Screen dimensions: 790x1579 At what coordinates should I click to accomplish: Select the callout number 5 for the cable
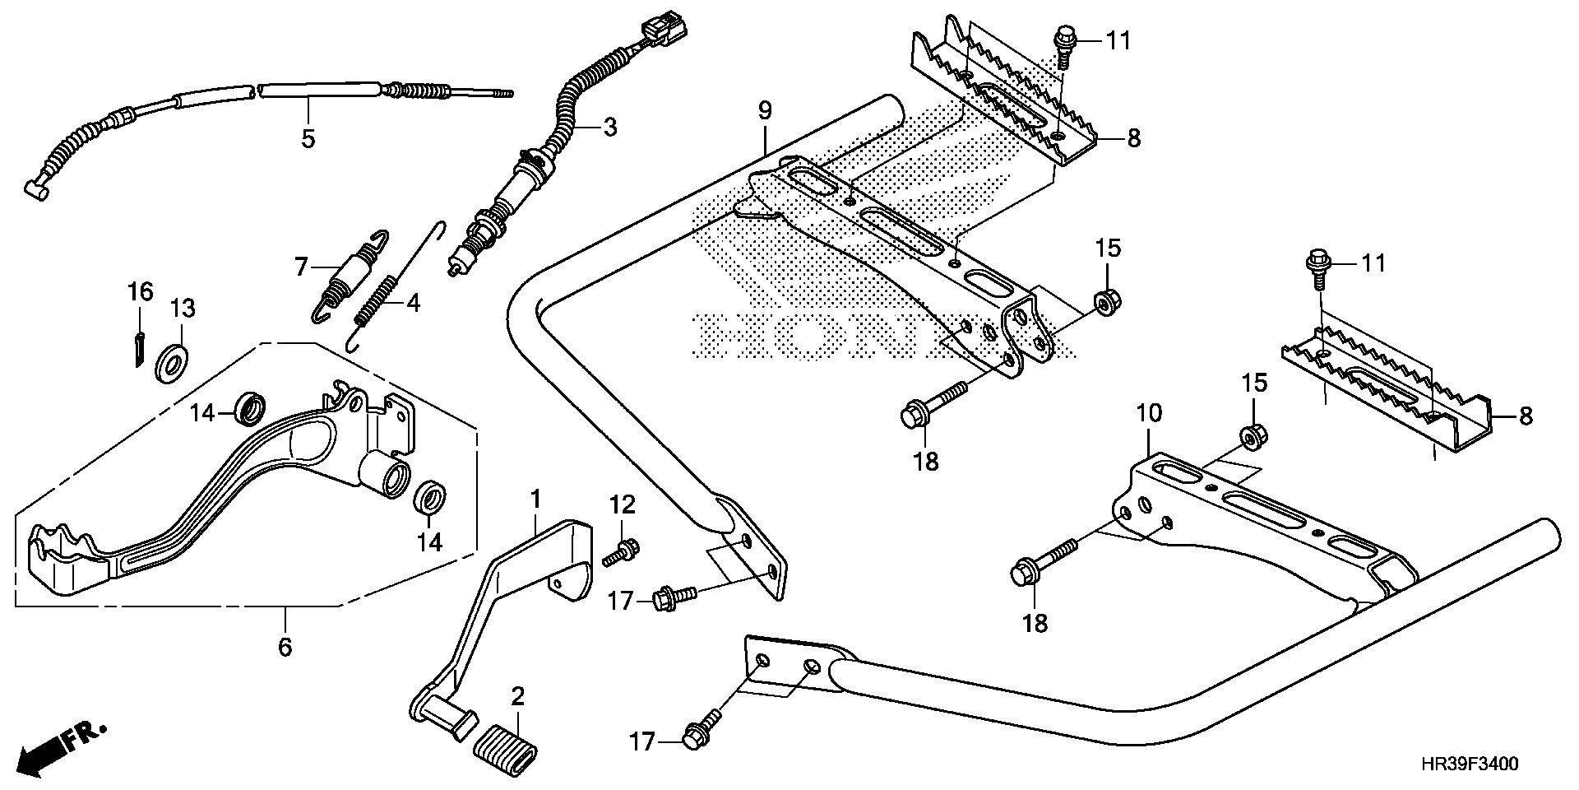[308, 138]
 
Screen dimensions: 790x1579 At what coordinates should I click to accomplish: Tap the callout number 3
[609, 127]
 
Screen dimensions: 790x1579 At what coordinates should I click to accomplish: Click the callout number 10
[1149, 413]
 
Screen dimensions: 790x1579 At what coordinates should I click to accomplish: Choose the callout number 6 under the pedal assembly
[285, 647]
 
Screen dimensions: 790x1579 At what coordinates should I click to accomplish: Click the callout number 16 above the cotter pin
[140, 290]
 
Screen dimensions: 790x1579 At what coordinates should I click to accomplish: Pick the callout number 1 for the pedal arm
[535, 499]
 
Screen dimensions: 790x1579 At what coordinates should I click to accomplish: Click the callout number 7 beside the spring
[301, 266]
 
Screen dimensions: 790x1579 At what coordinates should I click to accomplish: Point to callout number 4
[413, 304]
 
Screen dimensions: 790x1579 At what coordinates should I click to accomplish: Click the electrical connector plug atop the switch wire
[664, 28]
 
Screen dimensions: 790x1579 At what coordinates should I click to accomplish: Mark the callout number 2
[516, 697]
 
